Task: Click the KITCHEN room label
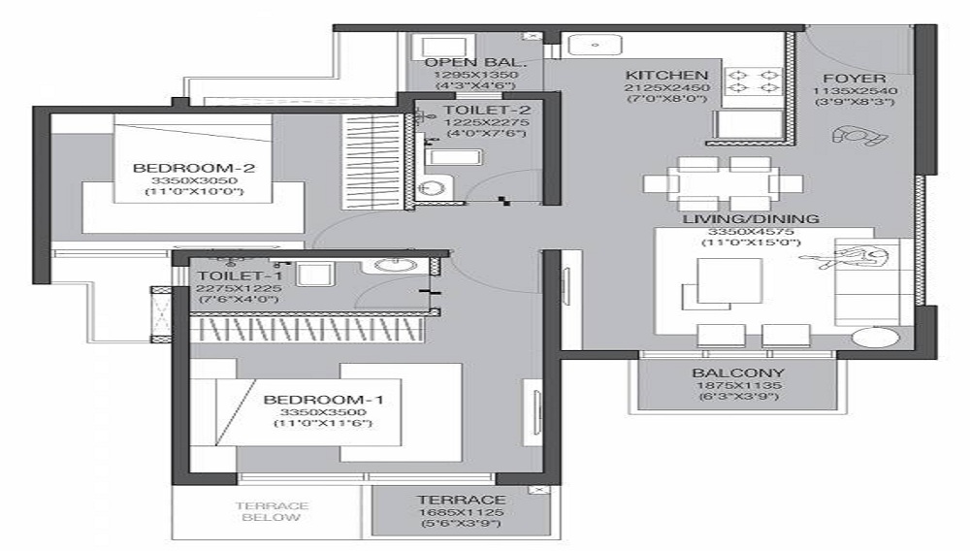[666, 75]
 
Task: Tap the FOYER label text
[854, 79]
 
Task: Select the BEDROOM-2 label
[194, 168]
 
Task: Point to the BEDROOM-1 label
[323, 400]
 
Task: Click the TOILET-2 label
[486, 110]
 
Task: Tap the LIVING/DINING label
[751, 219]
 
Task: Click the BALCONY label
[738, 373]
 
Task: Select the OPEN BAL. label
[475, 62]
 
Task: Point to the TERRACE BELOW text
[272, 511]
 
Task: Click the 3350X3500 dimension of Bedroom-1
[323, 412]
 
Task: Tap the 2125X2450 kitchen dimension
[667, 88]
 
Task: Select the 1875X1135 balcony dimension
[738, 385]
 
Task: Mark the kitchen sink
[595, 46]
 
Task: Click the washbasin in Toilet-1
[397, 265]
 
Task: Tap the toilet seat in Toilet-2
[435, 187]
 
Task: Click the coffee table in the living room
[730, 280]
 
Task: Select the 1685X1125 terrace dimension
[461, 512]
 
